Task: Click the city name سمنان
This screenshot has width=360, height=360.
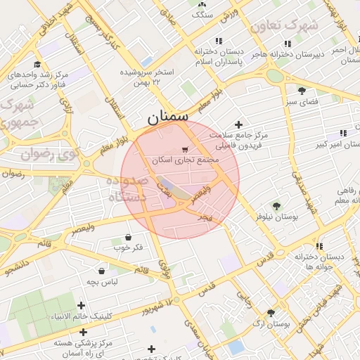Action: click(168, 118)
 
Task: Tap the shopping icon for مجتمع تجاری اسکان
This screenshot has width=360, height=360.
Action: click(185, 149)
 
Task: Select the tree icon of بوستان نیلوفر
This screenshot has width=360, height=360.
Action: click(276, 206)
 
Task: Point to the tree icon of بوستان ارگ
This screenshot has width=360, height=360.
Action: click(271, 313)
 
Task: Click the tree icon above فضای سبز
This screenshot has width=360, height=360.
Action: click(302, 91)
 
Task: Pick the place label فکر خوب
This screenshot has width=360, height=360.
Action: click(127, 247)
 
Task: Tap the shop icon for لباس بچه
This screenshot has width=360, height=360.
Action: click(103, 271)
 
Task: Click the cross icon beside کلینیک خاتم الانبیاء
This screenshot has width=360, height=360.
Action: click(82, 305)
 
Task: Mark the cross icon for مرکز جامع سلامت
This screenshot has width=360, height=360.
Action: click(238, 124)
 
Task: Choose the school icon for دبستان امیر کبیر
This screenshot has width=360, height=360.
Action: click(342, 133)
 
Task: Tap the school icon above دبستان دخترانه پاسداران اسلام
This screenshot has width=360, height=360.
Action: click(219, 41)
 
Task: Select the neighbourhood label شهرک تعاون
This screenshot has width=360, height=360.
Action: click(284, 25)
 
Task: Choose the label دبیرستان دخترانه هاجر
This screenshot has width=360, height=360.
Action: click(281, 53)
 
